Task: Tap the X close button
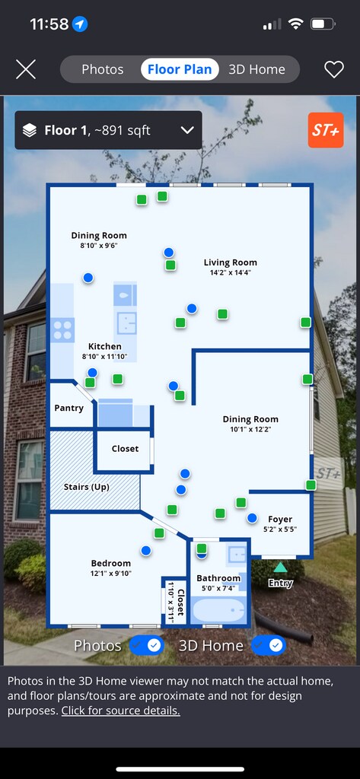click(x=26, y=69)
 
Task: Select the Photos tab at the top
click(x=103, y=69)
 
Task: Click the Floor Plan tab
click(x=180, y=69)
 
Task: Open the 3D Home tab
click(x=256, y=69)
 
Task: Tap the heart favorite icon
click(x=334, y=69)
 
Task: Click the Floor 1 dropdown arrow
click(x=187, y=131)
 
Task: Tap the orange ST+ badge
click(x=326, y=130)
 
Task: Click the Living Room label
click(x=230, y=262)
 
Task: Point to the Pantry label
click(x=68, y=409)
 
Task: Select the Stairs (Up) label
click(x=87, y=487)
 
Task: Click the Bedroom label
click(x=111, y=564)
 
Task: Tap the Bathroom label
click(x=218, y=578)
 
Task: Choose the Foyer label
click(x=280, y=520)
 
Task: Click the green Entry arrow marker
click(x=280, y=568)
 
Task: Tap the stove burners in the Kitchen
click(x=62, y=330)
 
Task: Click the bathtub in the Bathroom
click(x=218, y=610)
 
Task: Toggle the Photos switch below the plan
click(x=147, y=645)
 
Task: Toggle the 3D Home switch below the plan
click(x=269, y=645)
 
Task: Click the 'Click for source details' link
click(x=121, y=711)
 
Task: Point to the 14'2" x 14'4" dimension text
click(x=230, y=273)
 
